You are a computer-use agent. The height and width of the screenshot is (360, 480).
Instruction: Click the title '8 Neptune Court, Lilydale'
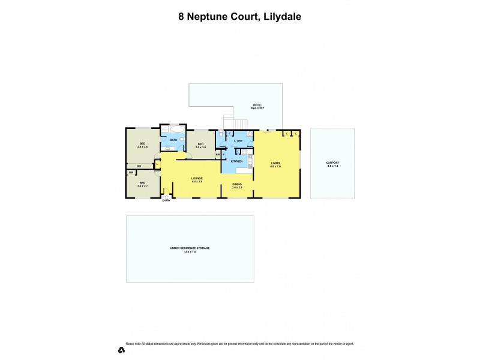239,17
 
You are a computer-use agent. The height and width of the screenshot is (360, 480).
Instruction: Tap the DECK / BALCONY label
257,108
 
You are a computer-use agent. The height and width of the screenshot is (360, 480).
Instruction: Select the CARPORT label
332,164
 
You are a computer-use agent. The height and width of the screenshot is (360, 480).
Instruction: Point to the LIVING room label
275,164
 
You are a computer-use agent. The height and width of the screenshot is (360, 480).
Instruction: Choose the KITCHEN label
236,161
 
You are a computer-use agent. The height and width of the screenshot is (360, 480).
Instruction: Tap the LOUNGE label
197,179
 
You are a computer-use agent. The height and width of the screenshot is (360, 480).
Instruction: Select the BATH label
173,140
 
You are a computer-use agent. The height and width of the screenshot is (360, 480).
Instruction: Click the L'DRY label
238,141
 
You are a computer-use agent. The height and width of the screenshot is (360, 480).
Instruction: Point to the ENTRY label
167,200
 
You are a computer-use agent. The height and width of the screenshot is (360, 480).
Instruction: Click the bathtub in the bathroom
176,129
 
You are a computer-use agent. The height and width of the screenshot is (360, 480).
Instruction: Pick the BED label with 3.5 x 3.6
142,145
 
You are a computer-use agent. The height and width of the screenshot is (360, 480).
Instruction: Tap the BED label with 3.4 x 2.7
142,184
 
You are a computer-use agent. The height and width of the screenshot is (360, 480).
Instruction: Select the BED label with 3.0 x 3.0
201,145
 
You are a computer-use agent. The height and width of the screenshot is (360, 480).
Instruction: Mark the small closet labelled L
157,164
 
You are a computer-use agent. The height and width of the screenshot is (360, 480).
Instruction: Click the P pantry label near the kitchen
223,155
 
